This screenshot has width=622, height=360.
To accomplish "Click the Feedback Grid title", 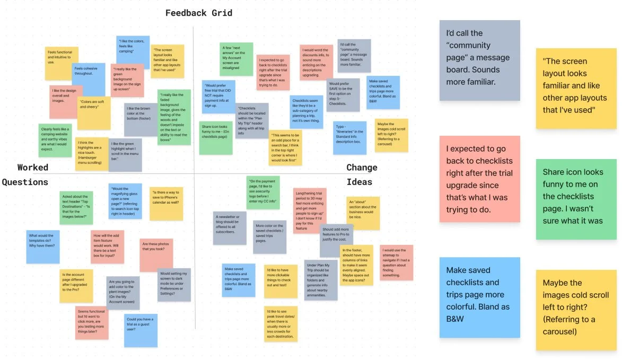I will pyautogui.click(x=199, y=13).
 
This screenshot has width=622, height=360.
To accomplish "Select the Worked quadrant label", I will pyautogui.click(x=33, y=168).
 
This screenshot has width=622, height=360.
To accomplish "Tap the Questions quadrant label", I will pyautogui.click(x=25, y=182).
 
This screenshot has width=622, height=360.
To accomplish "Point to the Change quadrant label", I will pyautogui.click(x=362, y=168).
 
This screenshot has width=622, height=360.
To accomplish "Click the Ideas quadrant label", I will pyautogui.click(x=360, y=182).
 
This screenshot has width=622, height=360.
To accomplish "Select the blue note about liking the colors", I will pyautogui.click(x=133, y=50).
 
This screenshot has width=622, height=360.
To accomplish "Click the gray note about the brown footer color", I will pyautogui.click(x=141, y=120).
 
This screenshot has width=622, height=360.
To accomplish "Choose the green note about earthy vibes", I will pyautogui.click(x=55, y=140).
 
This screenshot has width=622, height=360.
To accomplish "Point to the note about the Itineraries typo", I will pyautogui.click(x=350, y=136).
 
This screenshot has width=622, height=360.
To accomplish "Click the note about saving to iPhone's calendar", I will pyautogui.click(x=167, y=203).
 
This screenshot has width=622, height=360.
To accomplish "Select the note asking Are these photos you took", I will pyautogui.click(x=156, y=254).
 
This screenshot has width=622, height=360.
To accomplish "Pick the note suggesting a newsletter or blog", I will pyautogui.click(x=230, y=227).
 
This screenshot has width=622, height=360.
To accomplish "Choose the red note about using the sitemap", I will pyautogui.click(x=396, y=262).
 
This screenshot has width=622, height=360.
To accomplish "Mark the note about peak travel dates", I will pyautogui.click(x=281, y=324).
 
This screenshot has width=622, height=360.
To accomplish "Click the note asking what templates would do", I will pyautogui.click(x=43, y=247).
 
